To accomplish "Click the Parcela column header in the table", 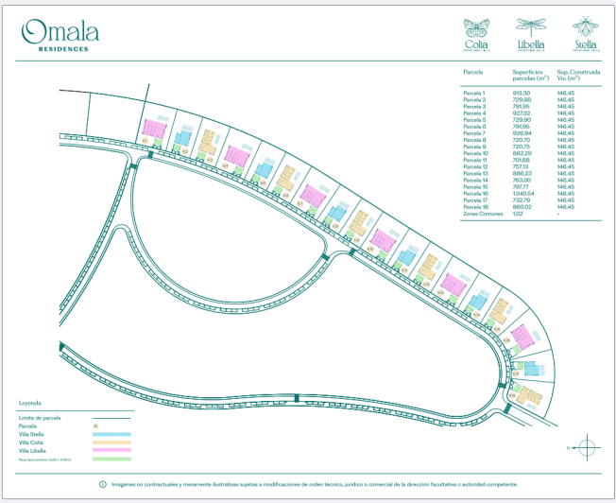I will pos(473,71).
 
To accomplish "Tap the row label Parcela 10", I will pos(475,153).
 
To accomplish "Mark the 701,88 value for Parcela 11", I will pos(522,160).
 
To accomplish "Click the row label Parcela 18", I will pos(475,207).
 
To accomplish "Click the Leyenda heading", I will pos(29,402).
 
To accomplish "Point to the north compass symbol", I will pos(586,446).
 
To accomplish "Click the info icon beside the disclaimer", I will pos(103,484).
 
